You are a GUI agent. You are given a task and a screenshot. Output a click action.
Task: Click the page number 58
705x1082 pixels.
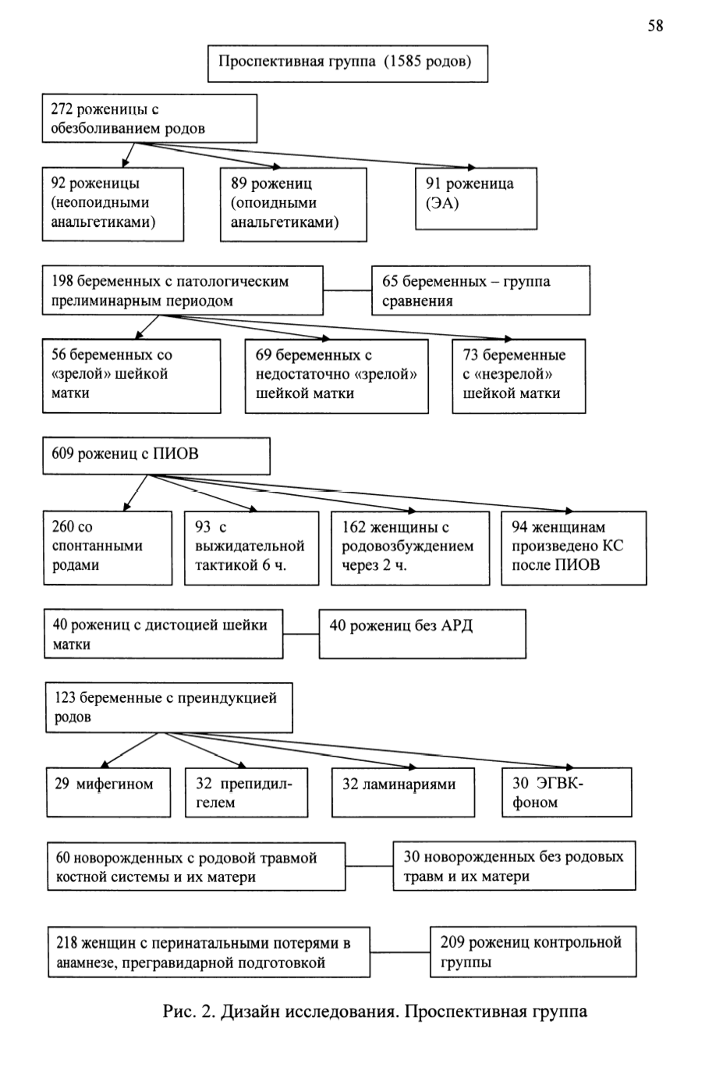coord(655,26)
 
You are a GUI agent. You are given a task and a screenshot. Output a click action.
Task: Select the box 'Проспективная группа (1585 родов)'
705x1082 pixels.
coord(348,63)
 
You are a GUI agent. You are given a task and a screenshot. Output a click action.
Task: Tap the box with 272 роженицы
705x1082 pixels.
coord(149,119)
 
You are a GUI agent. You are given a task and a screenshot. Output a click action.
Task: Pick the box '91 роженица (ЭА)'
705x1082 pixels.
coord(476,198)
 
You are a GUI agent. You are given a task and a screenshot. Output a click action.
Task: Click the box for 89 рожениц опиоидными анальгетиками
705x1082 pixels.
coord(293,205)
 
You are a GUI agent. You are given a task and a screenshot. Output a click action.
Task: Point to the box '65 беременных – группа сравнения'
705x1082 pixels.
coord(480,290)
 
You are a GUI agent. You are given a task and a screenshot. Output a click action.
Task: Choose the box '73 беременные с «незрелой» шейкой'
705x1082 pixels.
coord(519,375)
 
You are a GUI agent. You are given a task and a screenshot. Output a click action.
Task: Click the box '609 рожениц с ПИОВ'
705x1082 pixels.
coord(156,456)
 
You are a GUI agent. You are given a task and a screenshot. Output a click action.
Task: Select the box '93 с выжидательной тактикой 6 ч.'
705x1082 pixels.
coord(251,548)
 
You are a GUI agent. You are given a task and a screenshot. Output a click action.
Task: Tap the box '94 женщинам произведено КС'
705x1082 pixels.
coord(574,548)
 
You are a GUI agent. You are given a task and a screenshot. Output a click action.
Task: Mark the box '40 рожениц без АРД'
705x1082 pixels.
coord(422,633)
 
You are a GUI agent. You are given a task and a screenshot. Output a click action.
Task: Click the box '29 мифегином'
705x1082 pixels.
coord(108,792)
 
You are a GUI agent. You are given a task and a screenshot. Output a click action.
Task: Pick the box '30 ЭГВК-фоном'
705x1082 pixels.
coord(566,792)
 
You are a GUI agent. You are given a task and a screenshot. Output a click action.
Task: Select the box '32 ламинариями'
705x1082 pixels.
coord(403,792)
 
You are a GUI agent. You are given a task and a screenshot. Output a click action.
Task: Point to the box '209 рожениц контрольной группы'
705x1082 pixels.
coord(533,952)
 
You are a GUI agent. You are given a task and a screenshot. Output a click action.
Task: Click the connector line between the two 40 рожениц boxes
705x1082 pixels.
coord(300,634)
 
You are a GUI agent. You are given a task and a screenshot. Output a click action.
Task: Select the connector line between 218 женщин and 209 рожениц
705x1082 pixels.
coord(400,952)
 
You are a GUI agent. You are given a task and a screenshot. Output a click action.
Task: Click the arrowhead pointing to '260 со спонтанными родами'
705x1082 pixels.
coord(127,507)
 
